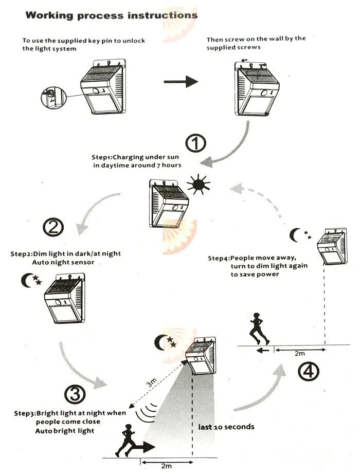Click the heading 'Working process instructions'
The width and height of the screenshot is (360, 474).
pos(111,15)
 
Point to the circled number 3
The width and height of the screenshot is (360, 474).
pos(75,394)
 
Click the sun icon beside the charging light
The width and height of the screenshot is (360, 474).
pos(199,184)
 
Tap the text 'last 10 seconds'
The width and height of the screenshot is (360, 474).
pos(226,427)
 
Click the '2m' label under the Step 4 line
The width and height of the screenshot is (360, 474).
pos(299,354)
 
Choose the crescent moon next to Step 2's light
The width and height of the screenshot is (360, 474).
pos(27,281)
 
